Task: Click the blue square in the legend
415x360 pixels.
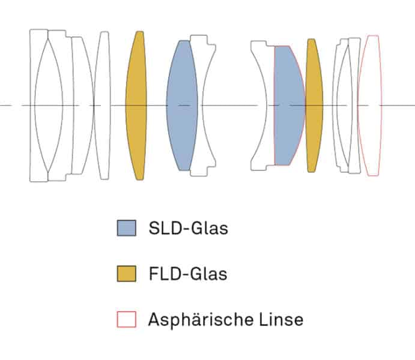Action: coord(126,229)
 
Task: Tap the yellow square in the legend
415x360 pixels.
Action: coord(126,274)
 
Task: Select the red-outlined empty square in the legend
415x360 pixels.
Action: coord(126,320)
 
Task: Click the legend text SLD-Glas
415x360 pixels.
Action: coord(188,229)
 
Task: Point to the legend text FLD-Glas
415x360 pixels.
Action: coord(187,274)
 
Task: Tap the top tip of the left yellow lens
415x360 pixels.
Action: coord(140,32)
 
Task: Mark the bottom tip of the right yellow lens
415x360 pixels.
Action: coord(311,171)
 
